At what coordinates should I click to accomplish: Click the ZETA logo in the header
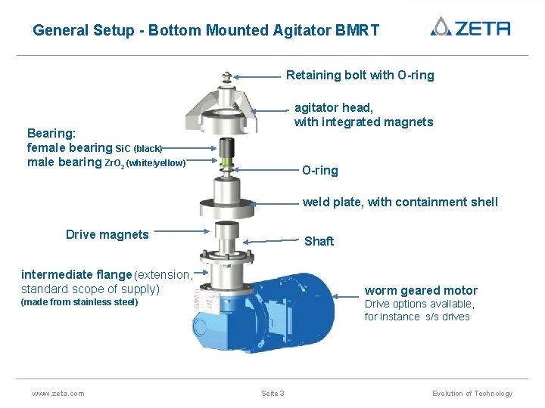click(470, 28)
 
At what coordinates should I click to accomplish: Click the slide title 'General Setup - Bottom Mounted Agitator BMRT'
click(206, 31)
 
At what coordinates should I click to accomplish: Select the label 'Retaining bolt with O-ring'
click(360, 75)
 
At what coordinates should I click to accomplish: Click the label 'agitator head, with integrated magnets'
click(363, 115)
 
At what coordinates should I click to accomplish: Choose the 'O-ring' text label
click(320, 171)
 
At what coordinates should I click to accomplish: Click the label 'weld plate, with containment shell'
click(400, 202)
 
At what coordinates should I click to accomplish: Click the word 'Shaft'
click(319, 241)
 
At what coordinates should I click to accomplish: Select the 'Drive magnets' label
click(107, 234)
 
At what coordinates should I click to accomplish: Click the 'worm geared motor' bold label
click(421, 290)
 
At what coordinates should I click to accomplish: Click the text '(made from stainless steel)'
click(79, 302)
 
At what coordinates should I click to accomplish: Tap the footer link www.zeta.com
click(58, 393)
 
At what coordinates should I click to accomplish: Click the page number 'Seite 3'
click(272, 393)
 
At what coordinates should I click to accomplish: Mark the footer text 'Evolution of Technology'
click(472, 393)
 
